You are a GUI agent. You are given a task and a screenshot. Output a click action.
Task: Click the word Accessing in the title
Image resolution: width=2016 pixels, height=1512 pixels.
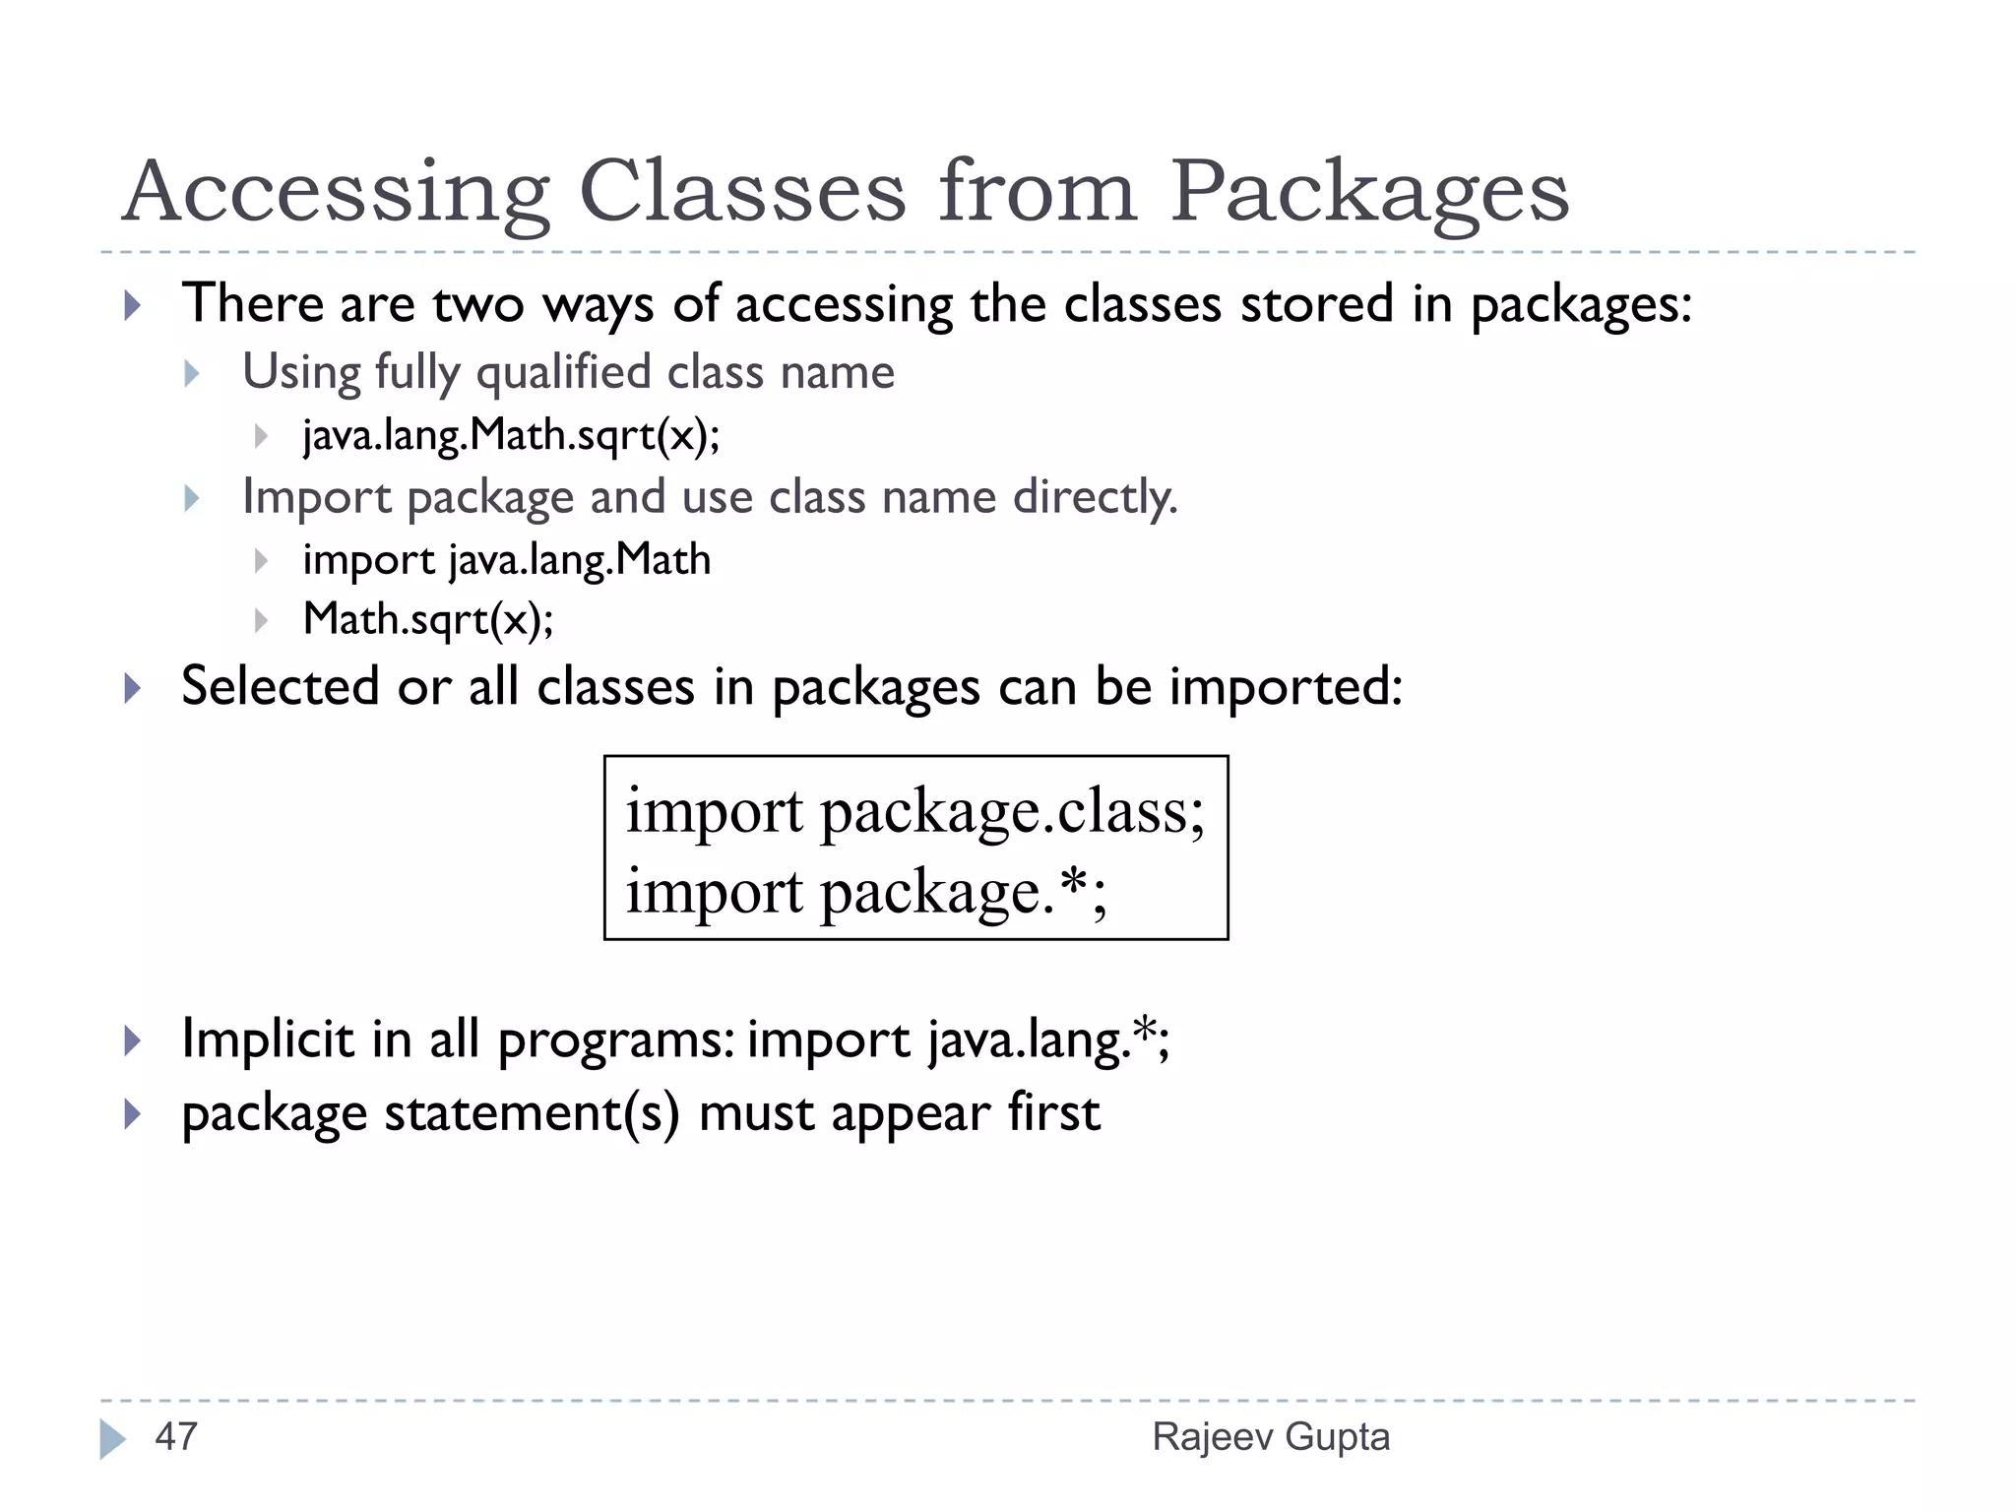tap(336, 193)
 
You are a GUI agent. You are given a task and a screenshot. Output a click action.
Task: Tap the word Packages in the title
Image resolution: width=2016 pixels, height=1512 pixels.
tap(1369, 193)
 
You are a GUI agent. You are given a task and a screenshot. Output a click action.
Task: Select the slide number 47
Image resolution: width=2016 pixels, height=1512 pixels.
tap(176, 1436)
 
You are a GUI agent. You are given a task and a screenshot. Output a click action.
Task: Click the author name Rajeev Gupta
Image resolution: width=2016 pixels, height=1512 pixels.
tap(1271, 1436)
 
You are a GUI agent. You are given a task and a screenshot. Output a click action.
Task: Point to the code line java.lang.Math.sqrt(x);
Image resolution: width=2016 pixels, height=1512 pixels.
tap(511, 435)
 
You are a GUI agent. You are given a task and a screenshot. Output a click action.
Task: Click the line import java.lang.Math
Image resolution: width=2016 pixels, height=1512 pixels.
tap(506, 560)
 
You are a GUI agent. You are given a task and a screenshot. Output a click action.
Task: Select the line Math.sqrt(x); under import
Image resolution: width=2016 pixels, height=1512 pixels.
tap(428, 619)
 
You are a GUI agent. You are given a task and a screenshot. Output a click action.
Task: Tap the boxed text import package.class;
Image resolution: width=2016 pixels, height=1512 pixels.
tap(914, 812)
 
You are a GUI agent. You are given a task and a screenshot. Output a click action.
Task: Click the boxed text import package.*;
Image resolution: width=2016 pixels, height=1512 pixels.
tap(866, 893)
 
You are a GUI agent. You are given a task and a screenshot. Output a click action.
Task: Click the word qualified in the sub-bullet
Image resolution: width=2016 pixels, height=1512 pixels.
tap(563, 373)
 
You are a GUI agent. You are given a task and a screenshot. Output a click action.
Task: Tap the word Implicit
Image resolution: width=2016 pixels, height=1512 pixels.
tap(268, 1039)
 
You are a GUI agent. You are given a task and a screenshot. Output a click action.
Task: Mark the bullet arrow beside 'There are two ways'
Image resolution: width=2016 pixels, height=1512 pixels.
tap(133, 304)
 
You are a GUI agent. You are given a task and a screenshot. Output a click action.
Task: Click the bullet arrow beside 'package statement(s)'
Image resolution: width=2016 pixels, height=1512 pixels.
tap(133, 1114)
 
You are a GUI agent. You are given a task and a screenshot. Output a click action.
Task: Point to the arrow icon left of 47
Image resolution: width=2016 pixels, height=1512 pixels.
tap(112, 1438)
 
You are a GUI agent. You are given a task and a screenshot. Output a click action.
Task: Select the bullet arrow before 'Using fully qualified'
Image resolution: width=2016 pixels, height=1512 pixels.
tap(192, 373)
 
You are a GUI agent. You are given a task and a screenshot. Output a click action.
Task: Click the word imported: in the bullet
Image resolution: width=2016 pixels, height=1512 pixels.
tap(1286, 686)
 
